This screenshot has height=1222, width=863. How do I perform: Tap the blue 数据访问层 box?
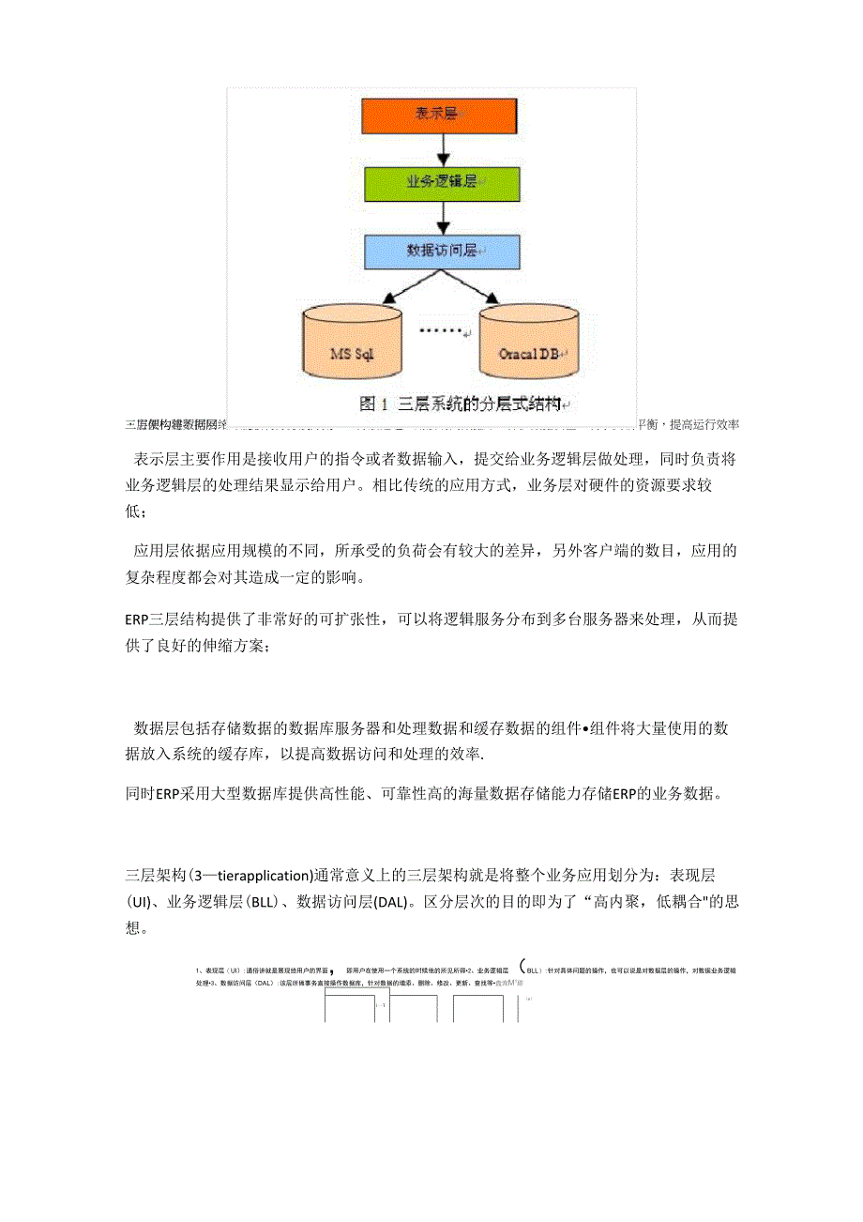tap(440, 251)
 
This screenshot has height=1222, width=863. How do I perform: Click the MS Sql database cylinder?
tap(354, 343)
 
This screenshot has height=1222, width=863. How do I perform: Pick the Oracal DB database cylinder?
tap(529, 343)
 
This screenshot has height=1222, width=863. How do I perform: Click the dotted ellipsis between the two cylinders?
tap(441, 330)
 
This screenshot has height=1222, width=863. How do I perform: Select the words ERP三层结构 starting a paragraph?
tap(160, 620)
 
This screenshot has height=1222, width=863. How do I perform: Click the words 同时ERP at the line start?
tap(152, 793)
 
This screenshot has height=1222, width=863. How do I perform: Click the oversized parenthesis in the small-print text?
tap(522, 970)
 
